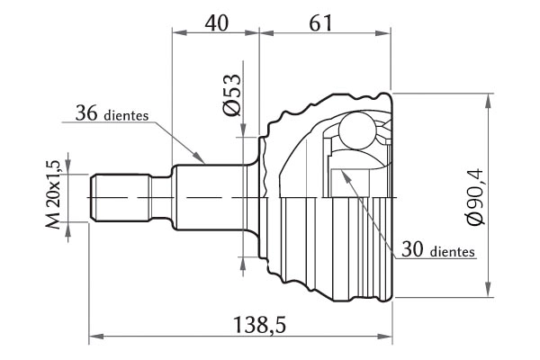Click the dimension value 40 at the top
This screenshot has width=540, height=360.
217,23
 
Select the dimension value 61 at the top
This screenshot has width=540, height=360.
320,23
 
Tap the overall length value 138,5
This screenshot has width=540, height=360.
260,325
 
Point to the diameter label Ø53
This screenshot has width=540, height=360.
232,94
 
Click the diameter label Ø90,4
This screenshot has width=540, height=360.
475,197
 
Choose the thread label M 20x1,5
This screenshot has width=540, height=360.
53,194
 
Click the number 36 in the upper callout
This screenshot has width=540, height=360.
86,113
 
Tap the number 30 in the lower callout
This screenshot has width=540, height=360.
412,249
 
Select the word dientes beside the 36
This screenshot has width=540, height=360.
126,115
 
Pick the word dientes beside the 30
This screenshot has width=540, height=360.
453,251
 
